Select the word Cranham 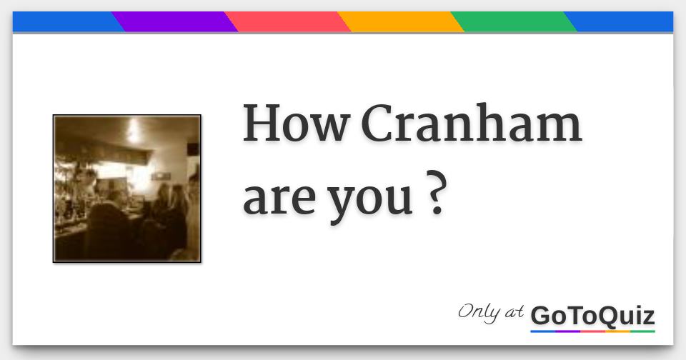click(476, 124)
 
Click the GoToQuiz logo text click(592, 315)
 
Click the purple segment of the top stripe click(175, 22)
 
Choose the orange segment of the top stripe click(401, 22)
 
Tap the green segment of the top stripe click(514, 22)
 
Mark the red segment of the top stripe click(288, 22)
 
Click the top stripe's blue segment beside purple click(64, 22)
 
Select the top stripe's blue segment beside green click(622, 22)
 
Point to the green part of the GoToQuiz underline click(642, 331)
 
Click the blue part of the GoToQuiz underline click(542, 331)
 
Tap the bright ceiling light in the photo click(134, 131)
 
